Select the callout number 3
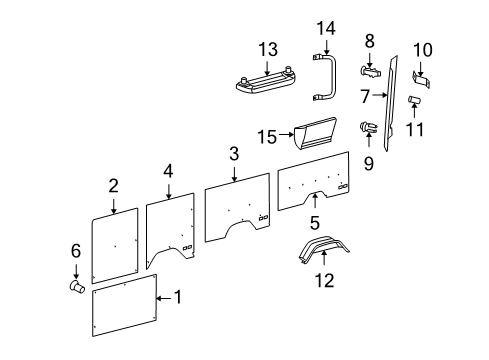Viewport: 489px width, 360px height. (x=233, y=153)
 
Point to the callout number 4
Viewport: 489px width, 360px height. (x=169, y=171)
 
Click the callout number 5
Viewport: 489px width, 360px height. (x=314, y=224)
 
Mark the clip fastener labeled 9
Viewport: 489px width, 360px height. (x=368, y=128)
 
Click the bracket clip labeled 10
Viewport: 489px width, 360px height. (x=421, y=73)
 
